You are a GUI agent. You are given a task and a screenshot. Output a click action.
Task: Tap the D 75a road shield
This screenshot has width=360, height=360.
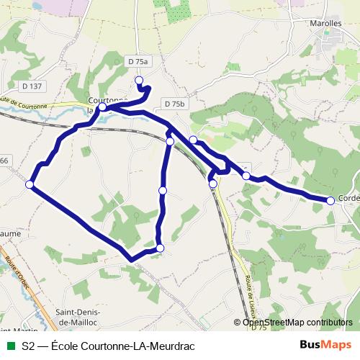pyautogui.click(x=136, y=60)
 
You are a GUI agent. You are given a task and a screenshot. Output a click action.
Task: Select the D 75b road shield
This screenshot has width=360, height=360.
pyautogui.click(x=175, y=104)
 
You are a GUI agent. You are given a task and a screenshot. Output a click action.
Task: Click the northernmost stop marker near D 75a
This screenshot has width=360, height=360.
pyautogui.click(x=139, y=80)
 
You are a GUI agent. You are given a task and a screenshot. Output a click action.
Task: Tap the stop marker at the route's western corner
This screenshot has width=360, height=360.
pyautogui.click(x=30, y=185)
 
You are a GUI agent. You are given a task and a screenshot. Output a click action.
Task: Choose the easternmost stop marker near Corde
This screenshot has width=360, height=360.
pyautogui.click(x=330, y=201)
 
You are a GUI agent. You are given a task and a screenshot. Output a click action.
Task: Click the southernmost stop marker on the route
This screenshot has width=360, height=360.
pyautogui.click(x=160, y=248)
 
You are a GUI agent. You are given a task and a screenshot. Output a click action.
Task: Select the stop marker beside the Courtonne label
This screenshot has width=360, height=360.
pyautogui.click(x=102, y=107)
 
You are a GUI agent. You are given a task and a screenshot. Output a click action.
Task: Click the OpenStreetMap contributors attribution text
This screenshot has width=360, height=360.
pyautogui.click(x=297, y=323)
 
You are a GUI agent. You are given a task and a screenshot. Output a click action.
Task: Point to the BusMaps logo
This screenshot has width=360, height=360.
pyautogui.click(x=325, y=345)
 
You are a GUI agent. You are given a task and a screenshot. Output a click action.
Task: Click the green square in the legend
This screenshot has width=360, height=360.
pyautogui.click(x=11, y=346)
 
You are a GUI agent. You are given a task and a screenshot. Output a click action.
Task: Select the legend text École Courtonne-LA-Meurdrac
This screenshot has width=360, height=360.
pyautogui.click(x=108, y=346)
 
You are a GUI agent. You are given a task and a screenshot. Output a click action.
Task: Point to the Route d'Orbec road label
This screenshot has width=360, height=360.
pyautogui.click(x=14, y=273)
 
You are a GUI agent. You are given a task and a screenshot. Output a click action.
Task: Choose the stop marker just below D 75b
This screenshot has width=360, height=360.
pyautogui.click(x=193, y=140)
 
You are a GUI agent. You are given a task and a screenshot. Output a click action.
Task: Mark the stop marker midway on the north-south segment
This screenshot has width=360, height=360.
pyautogui.click(x=163, y=190)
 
